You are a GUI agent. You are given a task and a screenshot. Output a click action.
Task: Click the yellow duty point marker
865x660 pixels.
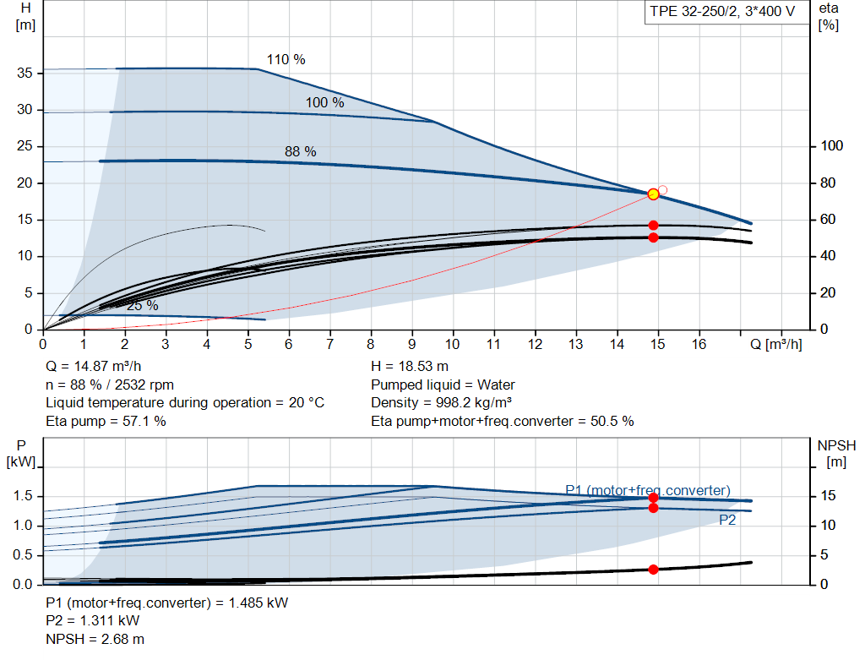click(x=653, y=194)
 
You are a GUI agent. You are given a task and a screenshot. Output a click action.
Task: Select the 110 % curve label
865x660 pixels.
click(x=286, y=60)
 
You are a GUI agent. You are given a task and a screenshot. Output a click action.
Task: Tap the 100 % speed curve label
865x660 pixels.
click(x=324, y=103)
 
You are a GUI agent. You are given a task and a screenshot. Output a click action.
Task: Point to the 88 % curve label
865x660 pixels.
click(x=300, y=152)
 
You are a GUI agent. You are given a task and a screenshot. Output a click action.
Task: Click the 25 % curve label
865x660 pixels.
click(x=142, y=306)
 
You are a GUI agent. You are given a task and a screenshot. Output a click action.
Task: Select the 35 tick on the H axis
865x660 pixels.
click(x=25, y=74)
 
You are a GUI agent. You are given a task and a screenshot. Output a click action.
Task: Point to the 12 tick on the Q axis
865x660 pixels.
click(x=535, y=345)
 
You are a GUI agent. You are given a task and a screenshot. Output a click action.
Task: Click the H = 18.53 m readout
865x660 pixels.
click(x=411, y=367)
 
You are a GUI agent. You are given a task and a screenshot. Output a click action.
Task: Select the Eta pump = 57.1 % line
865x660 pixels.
click(x=106, y=421)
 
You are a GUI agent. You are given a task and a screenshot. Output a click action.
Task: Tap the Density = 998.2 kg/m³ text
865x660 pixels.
click(x=442, y=403)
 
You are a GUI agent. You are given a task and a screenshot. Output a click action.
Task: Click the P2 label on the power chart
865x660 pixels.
click(x=727, y=521)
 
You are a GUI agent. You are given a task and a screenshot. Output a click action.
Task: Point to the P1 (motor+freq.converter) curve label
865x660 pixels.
click(x=647, y=490)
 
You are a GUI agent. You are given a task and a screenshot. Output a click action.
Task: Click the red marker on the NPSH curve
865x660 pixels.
click(x=653, y=570)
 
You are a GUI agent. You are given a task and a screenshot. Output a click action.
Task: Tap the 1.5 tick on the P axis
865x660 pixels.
click(x=22, y=496)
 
